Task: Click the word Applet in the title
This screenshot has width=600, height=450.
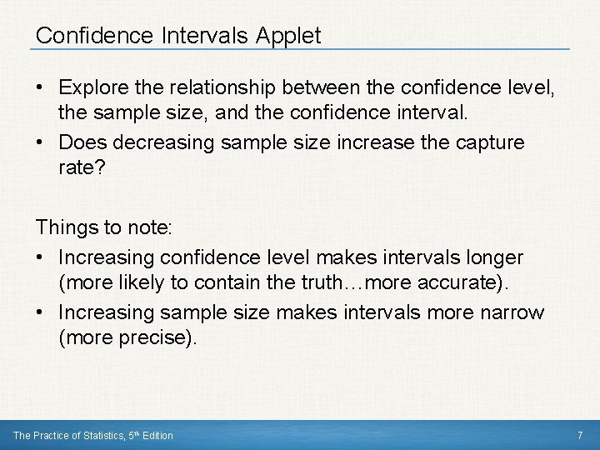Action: coord(290,36)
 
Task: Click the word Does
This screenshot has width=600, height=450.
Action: coord(82,142)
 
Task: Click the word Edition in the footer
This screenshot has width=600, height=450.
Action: coord(156,436)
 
